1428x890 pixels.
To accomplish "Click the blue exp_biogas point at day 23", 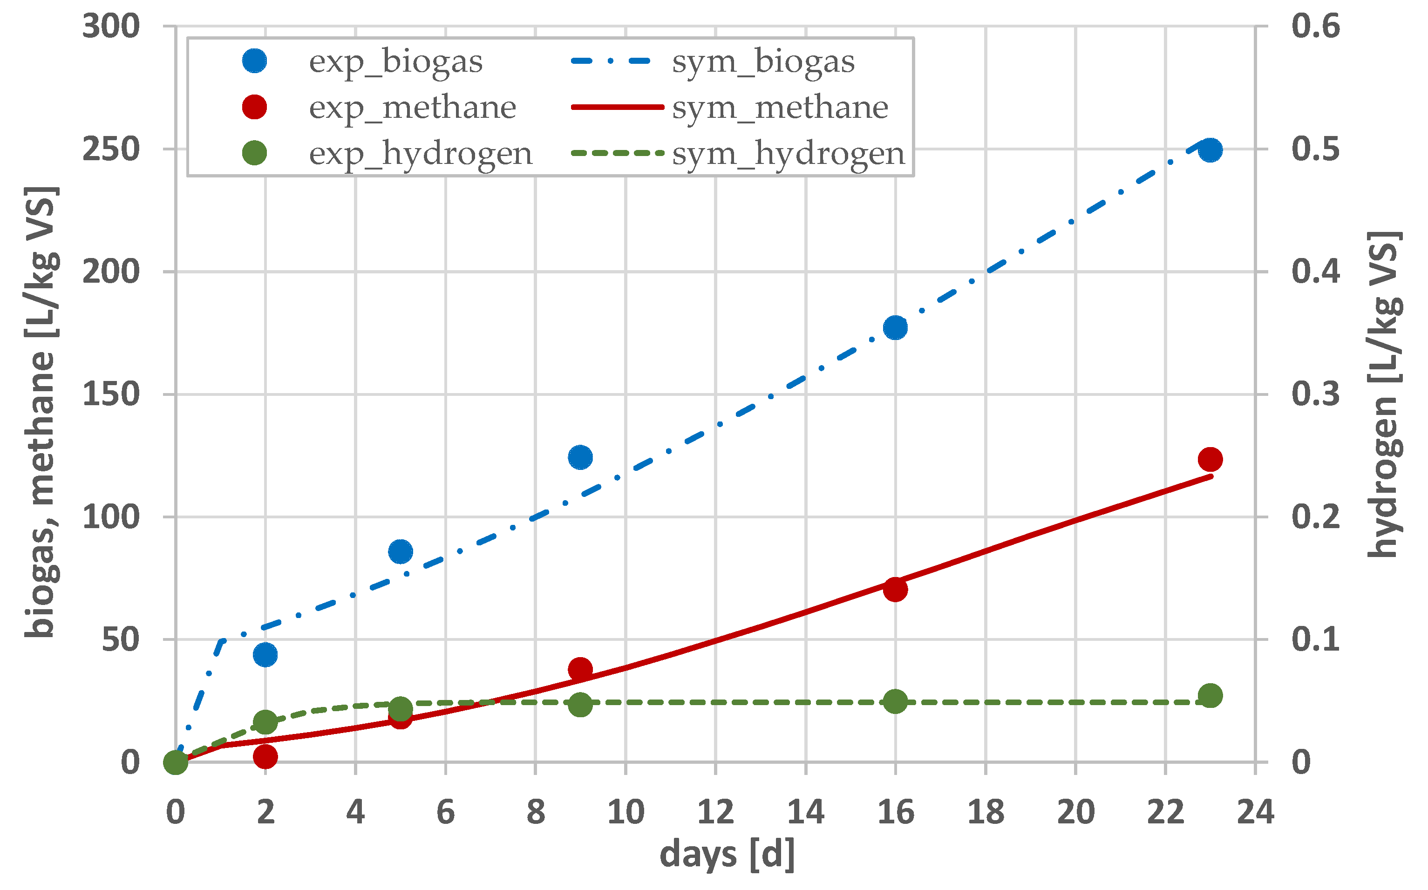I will point(1210,150).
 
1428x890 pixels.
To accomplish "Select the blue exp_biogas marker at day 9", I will point(580,457).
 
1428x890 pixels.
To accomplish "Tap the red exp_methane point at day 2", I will point(265,756).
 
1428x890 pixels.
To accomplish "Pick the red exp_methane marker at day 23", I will point(1210,459).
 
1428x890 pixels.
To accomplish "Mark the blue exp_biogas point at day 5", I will point(400,551).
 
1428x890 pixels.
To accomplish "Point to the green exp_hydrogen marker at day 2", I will point(265,722).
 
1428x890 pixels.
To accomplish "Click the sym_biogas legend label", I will point(763,61).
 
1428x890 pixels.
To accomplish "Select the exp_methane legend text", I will point(412,107).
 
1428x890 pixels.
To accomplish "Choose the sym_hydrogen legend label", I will point(788,154).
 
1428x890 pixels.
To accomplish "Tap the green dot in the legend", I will point(254,154).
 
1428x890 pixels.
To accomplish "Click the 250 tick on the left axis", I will point(111,149).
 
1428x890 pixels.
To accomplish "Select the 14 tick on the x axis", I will point(805,812).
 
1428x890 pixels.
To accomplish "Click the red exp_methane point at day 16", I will point(895,589).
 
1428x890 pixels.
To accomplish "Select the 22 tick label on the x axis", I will point(1165,812).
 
